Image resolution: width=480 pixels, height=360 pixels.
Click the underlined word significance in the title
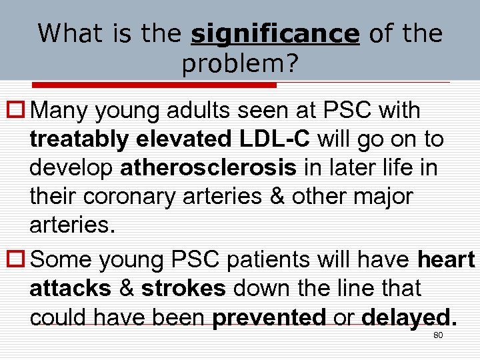(275, 33)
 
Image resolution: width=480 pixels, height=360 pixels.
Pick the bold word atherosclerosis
(208, 168)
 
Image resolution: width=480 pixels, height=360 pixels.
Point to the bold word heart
(446, 259)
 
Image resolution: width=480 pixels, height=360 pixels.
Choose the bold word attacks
(71, 289)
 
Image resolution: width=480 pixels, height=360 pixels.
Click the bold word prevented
(269, 318)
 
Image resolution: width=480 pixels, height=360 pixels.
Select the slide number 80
(438, 335)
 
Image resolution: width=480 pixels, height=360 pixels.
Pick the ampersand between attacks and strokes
(126, 289)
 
